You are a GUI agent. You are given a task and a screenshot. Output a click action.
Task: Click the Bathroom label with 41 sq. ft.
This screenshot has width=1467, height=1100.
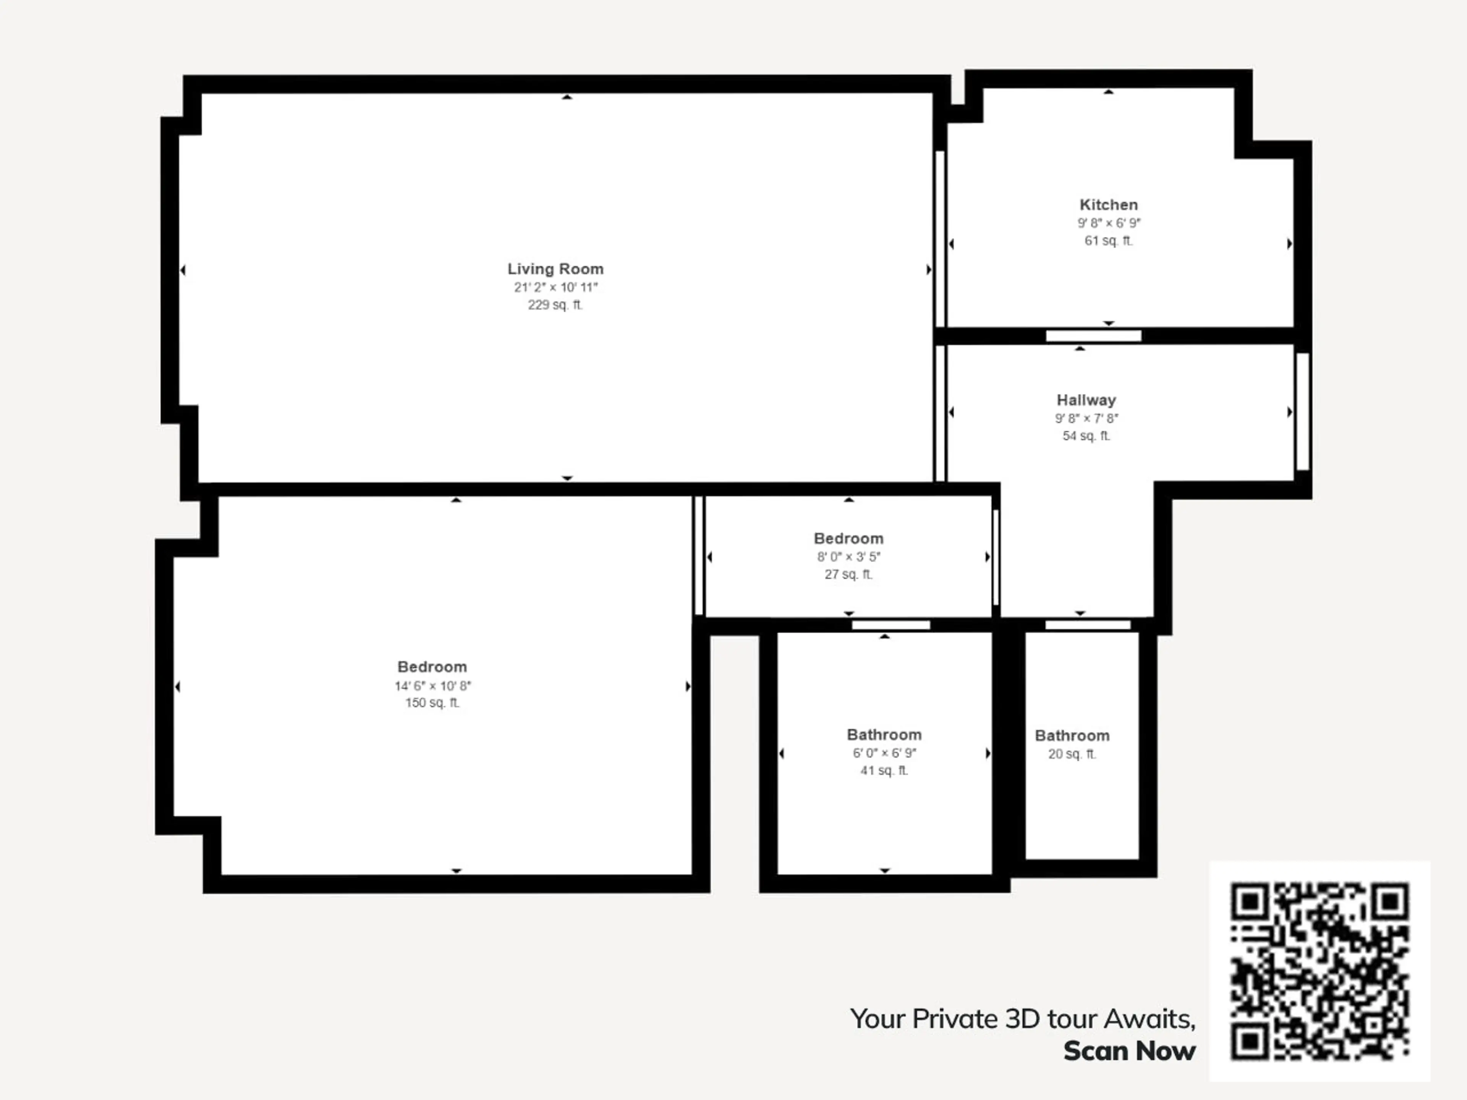tap(884, 734)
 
